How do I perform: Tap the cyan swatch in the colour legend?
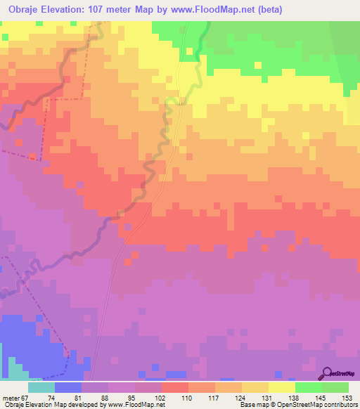(41, 387)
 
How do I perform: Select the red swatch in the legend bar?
(175, 387)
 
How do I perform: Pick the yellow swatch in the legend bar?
(282, 387)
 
